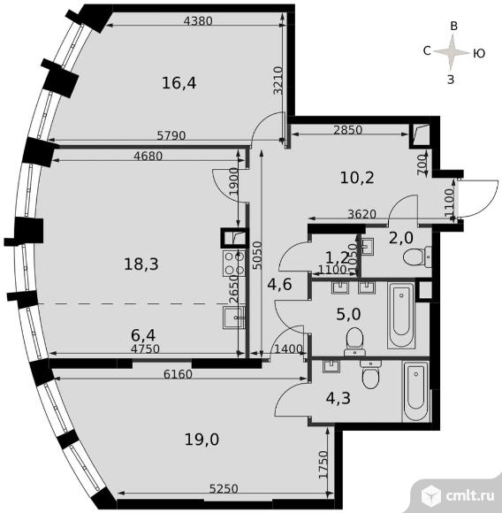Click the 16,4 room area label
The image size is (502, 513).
coord(179,83)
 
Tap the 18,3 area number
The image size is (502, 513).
coord(141,264)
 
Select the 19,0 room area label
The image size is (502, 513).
coord(202,440)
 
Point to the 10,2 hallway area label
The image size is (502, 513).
coord(357,178)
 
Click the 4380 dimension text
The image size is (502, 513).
coord(198,21)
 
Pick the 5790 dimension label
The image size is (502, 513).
coord(171,135)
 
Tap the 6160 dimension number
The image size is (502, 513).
coord(178,374)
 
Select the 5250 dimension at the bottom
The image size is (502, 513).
coord(224,489)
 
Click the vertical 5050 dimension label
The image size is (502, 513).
coord(258,256)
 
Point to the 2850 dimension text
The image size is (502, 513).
coord(347,130)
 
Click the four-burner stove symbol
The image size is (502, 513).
coord(234,263)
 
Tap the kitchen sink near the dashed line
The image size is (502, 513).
coord(233,318)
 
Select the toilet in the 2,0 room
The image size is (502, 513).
coord(417,256)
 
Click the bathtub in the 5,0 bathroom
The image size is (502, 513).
coord(401,315)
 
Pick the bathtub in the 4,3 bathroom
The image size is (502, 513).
coord(415,392)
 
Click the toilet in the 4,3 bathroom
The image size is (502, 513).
coord(370,375)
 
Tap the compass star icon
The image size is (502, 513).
coord(452,52)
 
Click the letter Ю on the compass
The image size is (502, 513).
coord(479,53)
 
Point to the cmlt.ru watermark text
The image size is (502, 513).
coord(470,496)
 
